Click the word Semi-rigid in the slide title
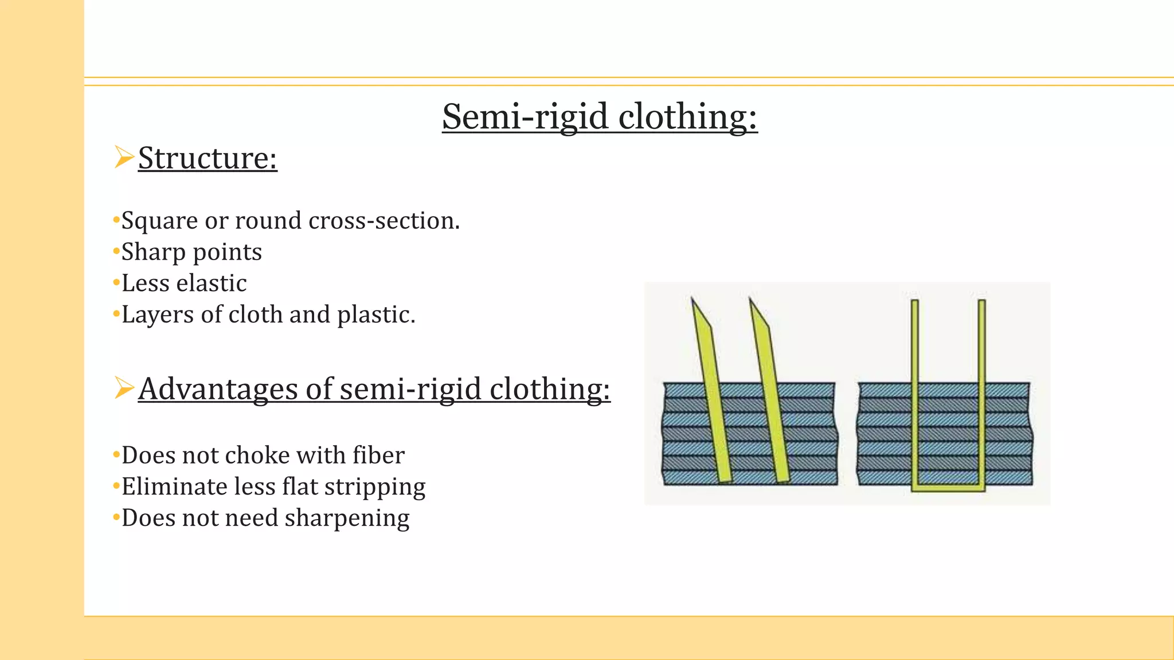(525, 117)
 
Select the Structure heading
(208, 158)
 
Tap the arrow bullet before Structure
(124, 157)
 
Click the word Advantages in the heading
(218, 389)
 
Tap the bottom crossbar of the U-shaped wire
(948, 488)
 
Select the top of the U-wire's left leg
(915, 302)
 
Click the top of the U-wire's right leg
(982, 302)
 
